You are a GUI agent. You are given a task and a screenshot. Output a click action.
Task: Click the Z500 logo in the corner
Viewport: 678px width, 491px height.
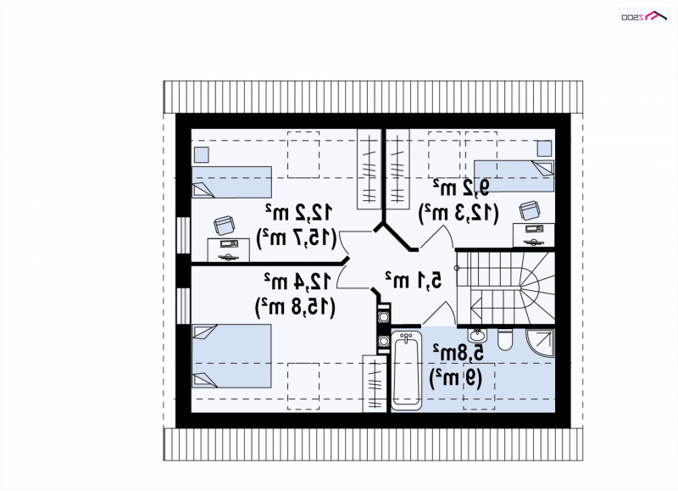click(645, 15)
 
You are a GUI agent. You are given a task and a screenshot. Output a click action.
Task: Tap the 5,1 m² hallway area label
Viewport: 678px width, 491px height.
click(414, 280)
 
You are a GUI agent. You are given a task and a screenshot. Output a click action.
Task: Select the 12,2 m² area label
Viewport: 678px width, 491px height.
click(298, 212)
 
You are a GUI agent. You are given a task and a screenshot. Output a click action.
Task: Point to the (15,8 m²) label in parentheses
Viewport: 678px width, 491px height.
click(295, 307)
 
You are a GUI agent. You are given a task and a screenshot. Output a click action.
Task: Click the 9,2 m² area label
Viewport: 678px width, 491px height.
click(461, 188)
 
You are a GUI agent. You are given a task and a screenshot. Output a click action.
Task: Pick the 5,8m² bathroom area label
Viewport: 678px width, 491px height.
click(458, 354)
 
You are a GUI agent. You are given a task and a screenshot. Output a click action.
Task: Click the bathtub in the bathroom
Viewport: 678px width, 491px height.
click(406, 370)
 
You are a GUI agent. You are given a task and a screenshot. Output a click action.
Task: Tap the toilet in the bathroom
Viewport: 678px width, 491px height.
click(504, 339)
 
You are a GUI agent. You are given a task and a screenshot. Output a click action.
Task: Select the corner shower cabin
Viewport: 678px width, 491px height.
click(540, 343)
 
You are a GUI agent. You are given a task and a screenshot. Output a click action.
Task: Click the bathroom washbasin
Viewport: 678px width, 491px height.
click(477, 335)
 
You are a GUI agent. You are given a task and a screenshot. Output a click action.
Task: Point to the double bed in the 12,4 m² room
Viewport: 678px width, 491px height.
click(231, 356)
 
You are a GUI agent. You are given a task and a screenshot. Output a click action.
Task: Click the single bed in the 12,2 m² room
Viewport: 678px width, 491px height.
click(231, 182)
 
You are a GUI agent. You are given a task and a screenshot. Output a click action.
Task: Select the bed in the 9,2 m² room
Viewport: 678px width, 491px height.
click(514, 176)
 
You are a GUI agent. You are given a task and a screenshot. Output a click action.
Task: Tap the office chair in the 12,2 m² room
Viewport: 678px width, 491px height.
click(225, 226)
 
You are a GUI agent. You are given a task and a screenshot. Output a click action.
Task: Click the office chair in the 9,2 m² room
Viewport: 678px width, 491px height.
click(530, 210)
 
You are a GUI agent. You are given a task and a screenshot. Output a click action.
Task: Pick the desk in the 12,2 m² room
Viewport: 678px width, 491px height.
click(228, 249)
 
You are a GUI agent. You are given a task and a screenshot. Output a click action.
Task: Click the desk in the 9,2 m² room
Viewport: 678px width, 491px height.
click(534, 235)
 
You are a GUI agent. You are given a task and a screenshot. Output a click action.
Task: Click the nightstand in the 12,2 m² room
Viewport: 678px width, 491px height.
click(201, 154)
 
